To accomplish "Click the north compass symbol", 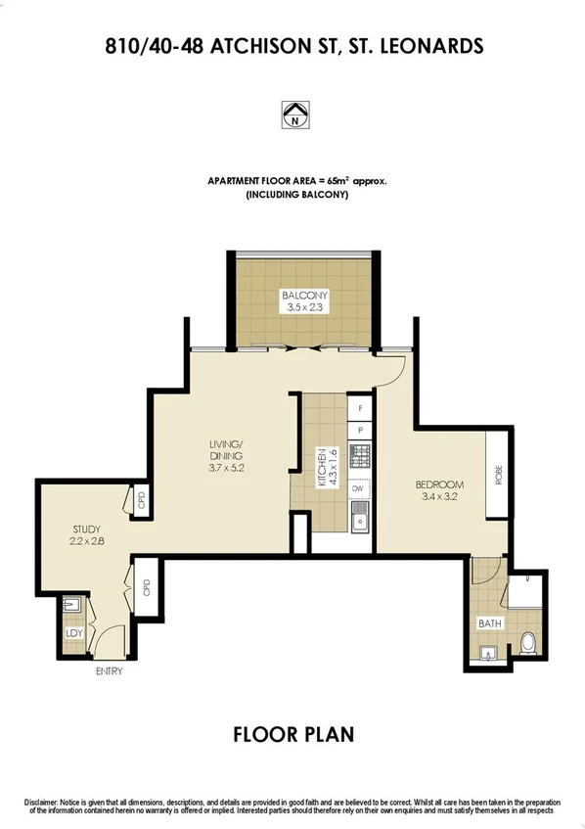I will [292, 115].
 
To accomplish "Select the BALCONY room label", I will [304, 296].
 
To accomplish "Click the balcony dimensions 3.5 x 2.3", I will [304, 307].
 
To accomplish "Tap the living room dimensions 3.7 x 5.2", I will [225, 468].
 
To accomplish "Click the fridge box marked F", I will [360, 407].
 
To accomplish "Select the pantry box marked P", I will [360, 429].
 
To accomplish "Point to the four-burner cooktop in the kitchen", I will [360, 456].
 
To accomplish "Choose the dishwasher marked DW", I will [358, 488].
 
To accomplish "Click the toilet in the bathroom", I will [528, 643].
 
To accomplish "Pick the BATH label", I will [488, 623].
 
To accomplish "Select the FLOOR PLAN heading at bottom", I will [292, 733].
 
